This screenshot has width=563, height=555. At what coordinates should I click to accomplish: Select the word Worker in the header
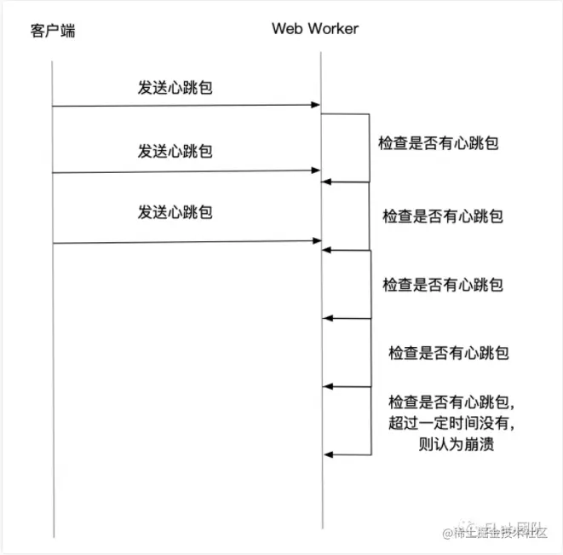pos(333,28)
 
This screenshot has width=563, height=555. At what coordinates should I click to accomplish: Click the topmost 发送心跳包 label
pos(175,88)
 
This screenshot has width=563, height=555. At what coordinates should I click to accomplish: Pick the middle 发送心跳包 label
pos(175,152)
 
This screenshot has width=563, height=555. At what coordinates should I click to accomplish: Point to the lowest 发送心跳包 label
pos(175,211)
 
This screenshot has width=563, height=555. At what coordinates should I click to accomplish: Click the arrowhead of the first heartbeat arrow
pos(315,107)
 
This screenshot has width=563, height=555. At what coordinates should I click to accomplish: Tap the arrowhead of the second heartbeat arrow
pos(315,171)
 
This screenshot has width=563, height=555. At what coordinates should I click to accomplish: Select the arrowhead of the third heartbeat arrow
pos(315,243)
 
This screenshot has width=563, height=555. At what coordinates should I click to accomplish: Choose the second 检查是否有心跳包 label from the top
pos(442,216)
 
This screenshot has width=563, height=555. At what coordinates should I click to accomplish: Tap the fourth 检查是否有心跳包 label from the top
pos(448,352)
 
